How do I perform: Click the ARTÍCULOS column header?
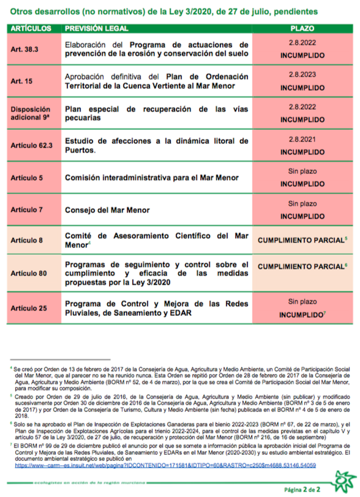(31, 28)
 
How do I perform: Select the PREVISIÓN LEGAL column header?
(96, 28)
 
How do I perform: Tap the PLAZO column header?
(302, 28)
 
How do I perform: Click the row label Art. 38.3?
(24, 49)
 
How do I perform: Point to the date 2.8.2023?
(302, 74)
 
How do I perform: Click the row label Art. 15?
(22, 81)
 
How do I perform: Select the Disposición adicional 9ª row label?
(31, 113)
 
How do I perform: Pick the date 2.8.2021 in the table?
(302, 139)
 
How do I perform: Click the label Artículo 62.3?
(32, 145)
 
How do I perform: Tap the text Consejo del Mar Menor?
(107, 210)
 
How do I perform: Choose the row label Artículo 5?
(27, 178)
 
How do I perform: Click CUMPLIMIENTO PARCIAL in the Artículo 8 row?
(301, 240)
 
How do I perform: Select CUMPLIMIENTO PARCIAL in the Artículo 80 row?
(301, 267)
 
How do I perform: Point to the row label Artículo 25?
(29, 308)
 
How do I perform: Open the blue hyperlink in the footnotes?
(165, 465)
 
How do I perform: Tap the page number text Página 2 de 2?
(302, 489)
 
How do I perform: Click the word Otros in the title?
(20, 12)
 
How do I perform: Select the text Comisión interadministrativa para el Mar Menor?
(152, 178)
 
